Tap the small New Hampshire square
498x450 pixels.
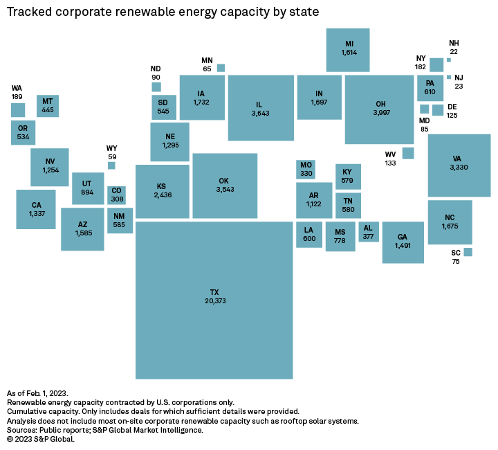coord(449,60)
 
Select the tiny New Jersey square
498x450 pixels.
coord(449,77)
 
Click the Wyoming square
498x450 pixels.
coord(111,165)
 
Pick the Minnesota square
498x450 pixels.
coord(221,68)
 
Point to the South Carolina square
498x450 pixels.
coord(468,252)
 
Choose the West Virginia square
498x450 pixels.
coord(408,153)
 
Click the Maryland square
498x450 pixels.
coord(425,109)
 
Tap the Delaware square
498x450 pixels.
coord(438,109)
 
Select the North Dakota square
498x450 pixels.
coord(156,87)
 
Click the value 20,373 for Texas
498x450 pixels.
coord(214,301)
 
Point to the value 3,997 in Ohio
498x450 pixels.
coord(380,112)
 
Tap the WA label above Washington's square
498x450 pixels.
coord(17,89)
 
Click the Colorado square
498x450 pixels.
coord(117,195)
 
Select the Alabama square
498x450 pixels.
coord(368,232)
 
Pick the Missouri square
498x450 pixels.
coord(306,169)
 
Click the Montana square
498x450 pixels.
coord(48,106)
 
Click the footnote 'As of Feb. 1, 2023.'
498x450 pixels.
coord(37,393)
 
